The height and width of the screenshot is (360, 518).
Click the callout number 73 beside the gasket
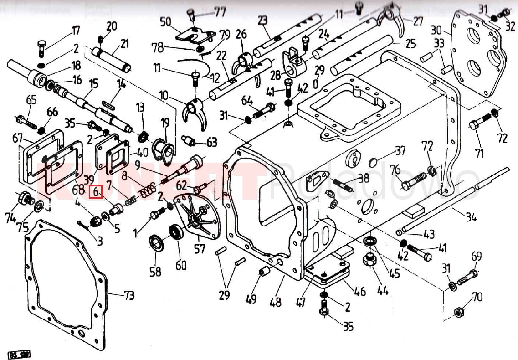click(128, 296)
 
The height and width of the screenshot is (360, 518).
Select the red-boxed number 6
click(96, 192)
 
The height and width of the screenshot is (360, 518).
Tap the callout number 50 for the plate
click(165, 21)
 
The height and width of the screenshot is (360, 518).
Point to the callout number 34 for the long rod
click(471, 217)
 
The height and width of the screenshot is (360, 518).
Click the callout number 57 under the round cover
click(199, 248)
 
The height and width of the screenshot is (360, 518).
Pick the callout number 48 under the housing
click(275, 302)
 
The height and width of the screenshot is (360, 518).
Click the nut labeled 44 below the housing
click(369, 261)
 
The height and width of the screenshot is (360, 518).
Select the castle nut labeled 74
click(24, 199)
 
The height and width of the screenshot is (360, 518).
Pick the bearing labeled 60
click(175, 232)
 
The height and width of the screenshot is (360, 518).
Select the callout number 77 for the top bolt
click(220, 11)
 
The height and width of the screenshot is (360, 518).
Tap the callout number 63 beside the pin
click(211, 142)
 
